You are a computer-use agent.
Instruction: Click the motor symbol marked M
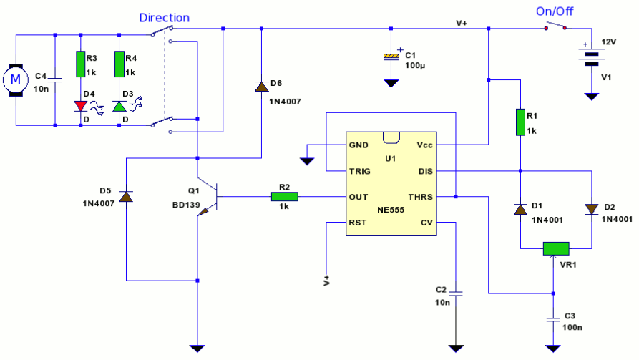(x=16, y=80)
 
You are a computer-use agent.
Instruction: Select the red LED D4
(x=81, y=106)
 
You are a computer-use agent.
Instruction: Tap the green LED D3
(x=119, y=106)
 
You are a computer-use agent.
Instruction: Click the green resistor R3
(x=81, y=64)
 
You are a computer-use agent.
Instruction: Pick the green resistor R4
(x=119, y=64)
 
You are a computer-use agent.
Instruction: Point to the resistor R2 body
(x=285, y=197)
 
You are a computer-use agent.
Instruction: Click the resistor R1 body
(x=520, y=122)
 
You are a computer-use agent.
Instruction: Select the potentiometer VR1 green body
(x=556, y=248)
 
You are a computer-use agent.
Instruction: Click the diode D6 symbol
(x=261, y=87)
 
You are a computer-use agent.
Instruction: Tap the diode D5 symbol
(x=126, y=197)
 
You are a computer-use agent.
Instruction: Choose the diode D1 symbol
(x=520, y=210)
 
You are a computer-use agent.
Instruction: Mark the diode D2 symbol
(x=591, y=210)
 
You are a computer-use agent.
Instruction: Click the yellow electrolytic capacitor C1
(x=391, y=57)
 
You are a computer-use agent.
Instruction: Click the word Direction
(x=165, y=18)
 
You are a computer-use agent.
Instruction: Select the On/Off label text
(x=555, y=11)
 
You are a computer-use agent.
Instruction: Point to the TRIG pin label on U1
(x=359, y=171)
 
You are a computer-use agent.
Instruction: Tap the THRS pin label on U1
(x=421, y=197)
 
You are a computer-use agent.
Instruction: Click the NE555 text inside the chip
(x=391, y=210)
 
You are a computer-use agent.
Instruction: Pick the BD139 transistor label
(x=186, y=205)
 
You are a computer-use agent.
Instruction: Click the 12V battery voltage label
(x=609, y=42)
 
